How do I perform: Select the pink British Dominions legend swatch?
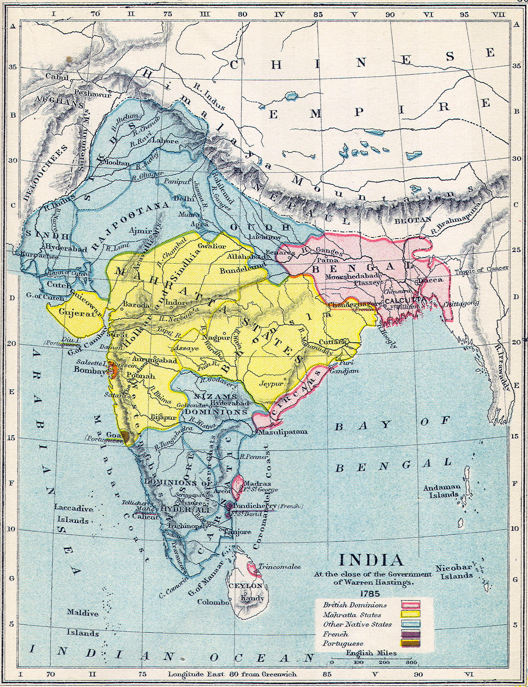pyautogui.click(x=410, y=605)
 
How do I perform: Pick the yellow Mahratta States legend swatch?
pyautogui.click(x=410, y=615)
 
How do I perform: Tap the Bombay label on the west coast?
pyautogui.click(x=90, y=370)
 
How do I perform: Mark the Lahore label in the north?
pyautogui.click(x=165, y=141)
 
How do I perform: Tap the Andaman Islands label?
pyautogui.click(x=442, y=491)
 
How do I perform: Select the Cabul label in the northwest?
pyautogui.click(x=57, y=76)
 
